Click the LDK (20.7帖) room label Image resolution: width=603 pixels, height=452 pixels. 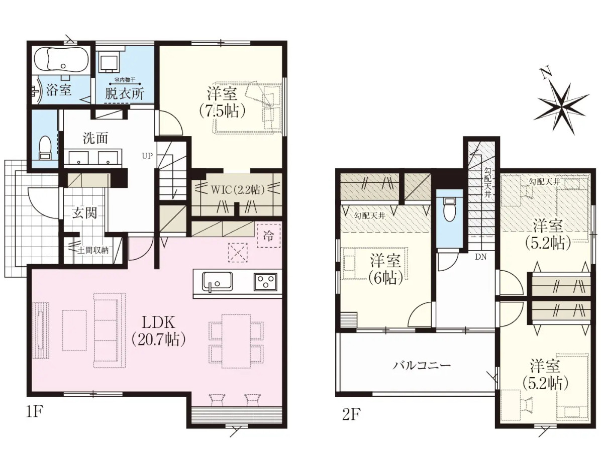pos(158,331)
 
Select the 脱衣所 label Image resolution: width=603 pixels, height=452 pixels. pos(125,93)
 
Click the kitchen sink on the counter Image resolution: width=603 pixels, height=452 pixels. pos(217,281)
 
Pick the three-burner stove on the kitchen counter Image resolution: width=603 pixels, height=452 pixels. pos(265,281)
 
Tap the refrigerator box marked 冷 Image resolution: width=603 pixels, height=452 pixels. pos(268,236)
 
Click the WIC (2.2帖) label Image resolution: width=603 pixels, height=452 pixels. pos(238,190)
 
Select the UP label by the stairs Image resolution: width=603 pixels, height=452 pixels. pos(147,156)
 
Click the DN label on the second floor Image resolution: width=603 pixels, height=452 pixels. pos(481,257)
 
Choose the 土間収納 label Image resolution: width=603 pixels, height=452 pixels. pos(93,250)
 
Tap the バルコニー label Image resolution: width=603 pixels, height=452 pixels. pos(422,366)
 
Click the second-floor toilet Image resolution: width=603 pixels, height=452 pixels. pos(449,209)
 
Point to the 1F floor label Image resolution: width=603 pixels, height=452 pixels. pos(35,412)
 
